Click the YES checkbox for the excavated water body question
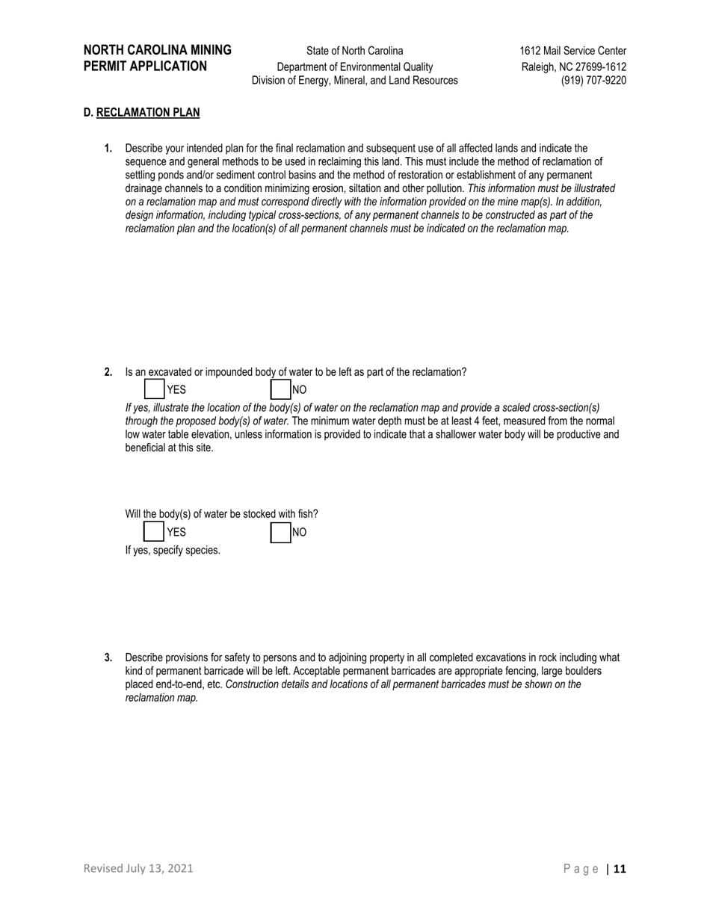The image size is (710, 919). pos(154,389)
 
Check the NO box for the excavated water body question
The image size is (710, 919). pos(280,389)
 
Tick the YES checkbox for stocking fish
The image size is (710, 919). pos(154,532)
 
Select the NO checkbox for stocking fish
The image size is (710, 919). pos(280,532)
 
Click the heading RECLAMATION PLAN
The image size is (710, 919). pos(148,113)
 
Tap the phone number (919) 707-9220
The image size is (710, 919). pos(593,81)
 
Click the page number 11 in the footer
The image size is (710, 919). pos(620,868)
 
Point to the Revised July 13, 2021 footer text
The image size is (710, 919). pos(138,868)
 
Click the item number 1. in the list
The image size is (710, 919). pos(108,149)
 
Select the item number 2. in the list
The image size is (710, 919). pos(108,372)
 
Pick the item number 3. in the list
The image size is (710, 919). pos(108,657)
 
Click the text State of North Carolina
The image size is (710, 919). pos(354,51)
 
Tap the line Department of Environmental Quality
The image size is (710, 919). pos(354,66)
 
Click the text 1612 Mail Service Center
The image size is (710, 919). pos(572,51)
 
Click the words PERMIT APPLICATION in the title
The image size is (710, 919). pos(145,66)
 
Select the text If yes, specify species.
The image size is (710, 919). pos(173,551)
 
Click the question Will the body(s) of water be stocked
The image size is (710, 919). pos(221,514)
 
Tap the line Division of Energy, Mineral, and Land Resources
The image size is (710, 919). pos(354,81)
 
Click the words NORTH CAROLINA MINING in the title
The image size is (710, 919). pos(158,50)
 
